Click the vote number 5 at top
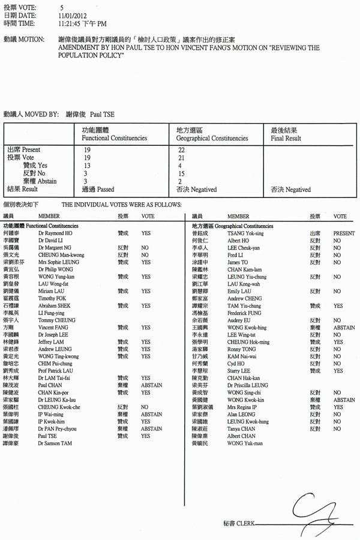point(62,7)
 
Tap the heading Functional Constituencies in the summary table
point(114,138)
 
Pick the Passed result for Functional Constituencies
point(103,190)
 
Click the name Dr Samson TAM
point(55,443)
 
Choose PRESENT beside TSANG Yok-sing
point(344,233)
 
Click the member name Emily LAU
point(239,292)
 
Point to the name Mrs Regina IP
point(242,407)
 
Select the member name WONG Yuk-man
point(245,443)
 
